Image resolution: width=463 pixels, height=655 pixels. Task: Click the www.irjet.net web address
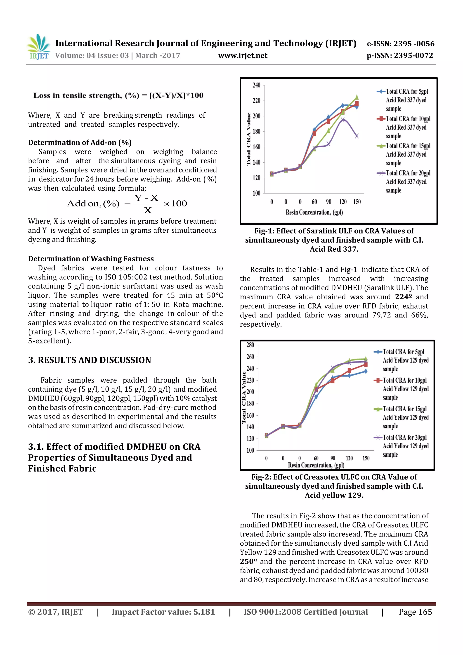(x=243, y=56)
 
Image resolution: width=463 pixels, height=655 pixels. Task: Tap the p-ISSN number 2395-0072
(x=400, y=56)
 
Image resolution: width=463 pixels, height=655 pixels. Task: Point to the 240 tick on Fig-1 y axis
(x=256, y=85)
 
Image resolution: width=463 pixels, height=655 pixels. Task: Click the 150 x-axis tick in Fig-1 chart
(x=357, y=202)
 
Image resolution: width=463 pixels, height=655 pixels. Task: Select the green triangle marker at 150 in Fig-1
(x=357, y=97)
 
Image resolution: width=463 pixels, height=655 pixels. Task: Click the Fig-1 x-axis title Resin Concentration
(x=314, y=212)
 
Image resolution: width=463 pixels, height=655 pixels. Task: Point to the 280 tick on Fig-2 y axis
(x=250, y=345)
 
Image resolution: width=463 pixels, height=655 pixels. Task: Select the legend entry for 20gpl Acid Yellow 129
(x=401, y=446)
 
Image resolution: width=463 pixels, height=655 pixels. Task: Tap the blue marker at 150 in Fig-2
(x=366, y=371)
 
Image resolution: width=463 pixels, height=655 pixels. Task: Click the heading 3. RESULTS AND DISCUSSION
(x=90, y=360)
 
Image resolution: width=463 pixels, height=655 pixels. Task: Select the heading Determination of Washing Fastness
(x=91, y=259)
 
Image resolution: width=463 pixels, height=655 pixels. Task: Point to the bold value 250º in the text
(x=248, y=561)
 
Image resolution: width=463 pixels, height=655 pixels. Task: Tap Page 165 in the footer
(x=415, y=612)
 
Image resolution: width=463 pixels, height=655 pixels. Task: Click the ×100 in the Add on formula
(x=175, y=204)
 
